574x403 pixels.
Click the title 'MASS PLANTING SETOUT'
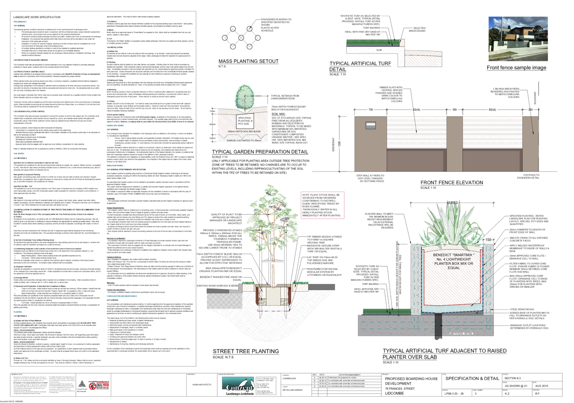coord(248,61)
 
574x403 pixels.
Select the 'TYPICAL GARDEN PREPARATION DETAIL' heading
coord(260,152)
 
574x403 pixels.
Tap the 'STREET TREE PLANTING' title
coord(245,351)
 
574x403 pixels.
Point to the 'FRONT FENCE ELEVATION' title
coord(452,183)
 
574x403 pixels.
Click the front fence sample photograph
coord(518,39)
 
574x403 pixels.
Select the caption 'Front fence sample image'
coord(516,68)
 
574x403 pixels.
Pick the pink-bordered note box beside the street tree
coord(322,205)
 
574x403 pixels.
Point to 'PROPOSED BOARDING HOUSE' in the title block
coord(411,378)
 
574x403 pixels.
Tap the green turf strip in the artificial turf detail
coord(369,43)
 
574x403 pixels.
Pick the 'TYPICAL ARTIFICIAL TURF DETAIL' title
coord(360,66)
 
